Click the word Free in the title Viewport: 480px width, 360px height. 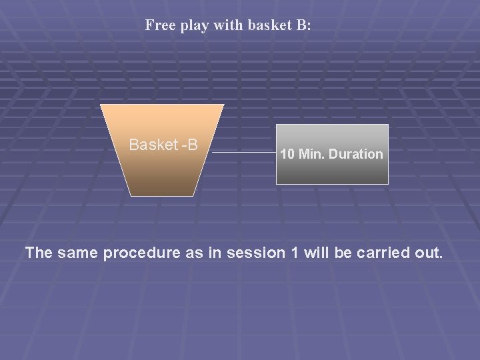point(159,26)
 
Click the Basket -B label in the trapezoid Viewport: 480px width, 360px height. point(163,145)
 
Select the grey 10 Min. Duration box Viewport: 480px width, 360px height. point(332,154)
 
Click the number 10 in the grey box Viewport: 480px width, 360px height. point(287,154)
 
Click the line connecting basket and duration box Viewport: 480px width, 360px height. point(244,153)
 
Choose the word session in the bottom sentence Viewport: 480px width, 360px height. point(250,254)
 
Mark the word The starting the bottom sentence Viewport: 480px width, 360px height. point(39,254)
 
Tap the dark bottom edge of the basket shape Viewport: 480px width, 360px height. point(162,193)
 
